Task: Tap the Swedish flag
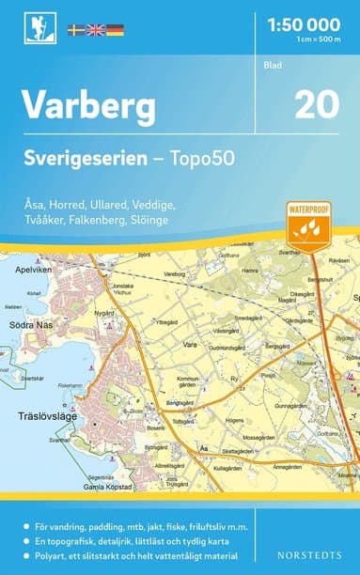pos(76,30)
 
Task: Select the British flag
pos(95,30)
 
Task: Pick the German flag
pos(114,30)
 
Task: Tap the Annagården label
pos(287,466)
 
